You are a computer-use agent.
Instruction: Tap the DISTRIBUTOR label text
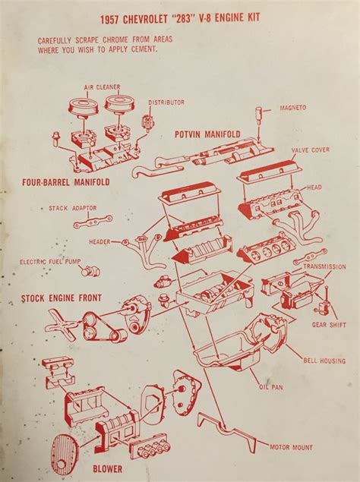click(x=166, y=102)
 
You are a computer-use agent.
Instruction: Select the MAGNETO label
click(x=293, y=107)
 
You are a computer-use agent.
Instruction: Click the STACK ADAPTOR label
click(x=73, y=207)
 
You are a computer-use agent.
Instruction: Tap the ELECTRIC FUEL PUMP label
click(x=51, y=262)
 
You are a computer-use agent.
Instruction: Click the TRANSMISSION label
click(x=324, y=267)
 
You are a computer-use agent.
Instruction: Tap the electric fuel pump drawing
click(x=91, y=271)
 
